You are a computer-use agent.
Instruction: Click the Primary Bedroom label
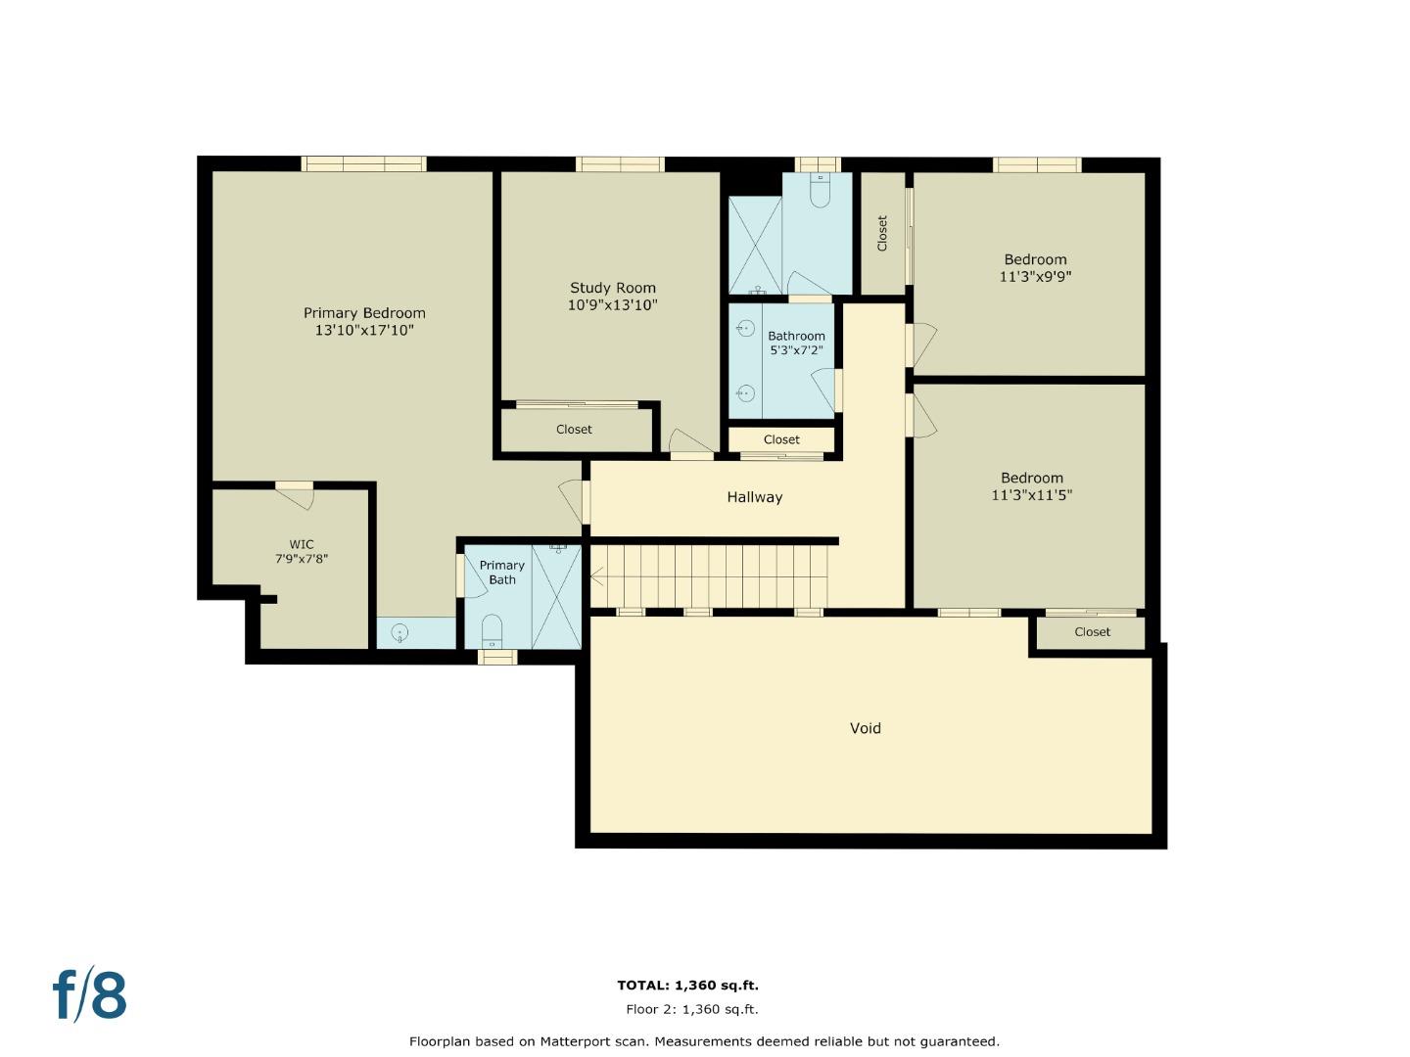point(364,313)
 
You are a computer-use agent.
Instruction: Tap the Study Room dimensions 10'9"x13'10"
point(612,305)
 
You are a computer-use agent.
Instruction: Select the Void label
point(865,728)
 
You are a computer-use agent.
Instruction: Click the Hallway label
point(754,497)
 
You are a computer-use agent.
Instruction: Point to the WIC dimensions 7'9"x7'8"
point(301,559)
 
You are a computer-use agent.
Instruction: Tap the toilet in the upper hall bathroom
point(820,192)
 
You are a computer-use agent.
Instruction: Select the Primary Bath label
point(501,573)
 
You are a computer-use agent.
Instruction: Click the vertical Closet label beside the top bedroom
point(881,233)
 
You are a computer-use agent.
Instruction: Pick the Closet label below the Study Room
point(574,430)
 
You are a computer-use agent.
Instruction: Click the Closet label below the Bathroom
point(781,440)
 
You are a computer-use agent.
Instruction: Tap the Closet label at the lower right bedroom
point(1092,632)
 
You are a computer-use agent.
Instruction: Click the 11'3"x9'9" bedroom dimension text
point(1035,277)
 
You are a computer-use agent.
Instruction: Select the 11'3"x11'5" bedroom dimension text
point(1031,495)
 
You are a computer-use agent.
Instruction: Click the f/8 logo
point(90,995)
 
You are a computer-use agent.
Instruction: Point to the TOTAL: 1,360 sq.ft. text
point(687,986)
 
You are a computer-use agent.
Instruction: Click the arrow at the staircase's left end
point(596,576)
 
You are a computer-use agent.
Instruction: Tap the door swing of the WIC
point(297,497)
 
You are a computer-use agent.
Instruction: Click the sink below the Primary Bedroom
point(399,633)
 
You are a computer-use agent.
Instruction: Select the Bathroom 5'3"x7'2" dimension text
point(796,350)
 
